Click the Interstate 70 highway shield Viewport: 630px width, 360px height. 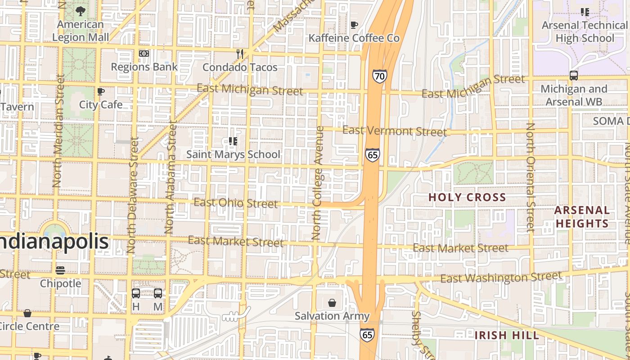click(x=379, y=76)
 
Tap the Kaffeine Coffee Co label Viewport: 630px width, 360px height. click(x=354, y=38)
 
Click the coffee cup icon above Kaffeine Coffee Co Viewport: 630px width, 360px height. click(x=354, y=25)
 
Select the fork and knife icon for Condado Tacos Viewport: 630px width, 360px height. click(x=240, y=54)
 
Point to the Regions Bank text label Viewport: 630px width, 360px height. click(x=144, y=67)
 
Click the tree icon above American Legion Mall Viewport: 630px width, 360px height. click(x=81, y=11)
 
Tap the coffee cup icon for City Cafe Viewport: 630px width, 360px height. click(x=101, y=92)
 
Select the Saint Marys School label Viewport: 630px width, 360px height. click(x=233, y=154)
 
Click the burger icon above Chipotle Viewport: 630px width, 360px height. click(x=60, y=270)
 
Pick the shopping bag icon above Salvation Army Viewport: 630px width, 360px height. click(x=332, y=303)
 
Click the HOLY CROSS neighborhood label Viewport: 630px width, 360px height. click(x=467, y=197)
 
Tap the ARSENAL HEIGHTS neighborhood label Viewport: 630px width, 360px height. click(x=582, y=217)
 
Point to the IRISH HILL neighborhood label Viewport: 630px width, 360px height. click(x=507, y=335)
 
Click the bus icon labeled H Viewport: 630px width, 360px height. click(x=135, y=293)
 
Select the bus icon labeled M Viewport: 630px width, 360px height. click(x=158, y=293)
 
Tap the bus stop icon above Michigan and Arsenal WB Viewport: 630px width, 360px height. click(x=574, y=76)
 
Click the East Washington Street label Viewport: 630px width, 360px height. click(x=501, y=278)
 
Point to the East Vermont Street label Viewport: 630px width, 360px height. click(x=395, y=131)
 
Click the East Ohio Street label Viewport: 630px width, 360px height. click(x=236, y=203)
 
